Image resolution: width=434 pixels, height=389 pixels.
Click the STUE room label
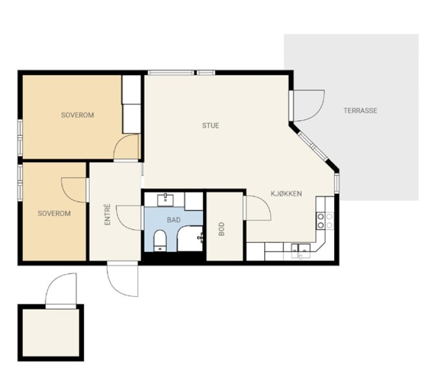click(211, 125)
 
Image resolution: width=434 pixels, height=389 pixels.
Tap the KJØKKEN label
click(286, 194)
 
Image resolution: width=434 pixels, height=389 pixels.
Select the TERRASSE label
click(360, 111)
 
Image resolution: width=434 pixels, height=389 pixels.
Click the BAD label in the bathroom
click(174, 220)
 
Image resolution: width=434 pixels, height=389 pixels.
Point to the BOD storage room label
click(222, 229)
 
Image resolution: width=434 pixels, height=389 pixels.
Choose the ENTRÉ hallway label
click(107, 215)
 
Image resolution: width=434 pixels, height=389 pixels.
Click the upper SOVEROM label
click(77, 115)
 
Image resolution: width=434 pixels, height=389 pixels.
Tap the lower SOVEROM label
click(54, 213)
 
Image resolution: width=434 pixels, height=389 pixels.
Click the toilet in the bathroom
click(160, 240)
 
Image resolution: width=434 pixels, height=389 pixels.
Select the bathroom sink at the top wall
click(166, 200)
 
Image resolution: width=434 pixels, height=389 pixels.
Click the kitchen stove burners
click(325, 221)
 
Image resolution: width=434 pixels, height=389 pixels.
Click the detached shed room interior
click(51, 333)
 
